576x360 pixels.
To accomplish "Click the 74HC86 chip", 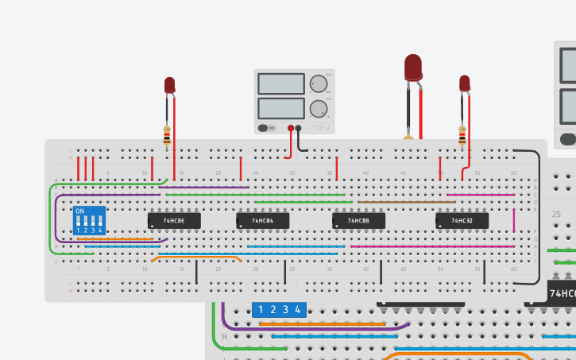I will click(174, 220).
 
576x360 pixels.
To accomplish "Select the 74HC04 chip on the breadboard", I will click(262, 220).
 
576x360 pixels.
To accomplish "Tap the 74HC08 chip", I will click(358, 220).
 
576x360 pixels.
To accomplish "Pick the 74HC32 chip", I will click(462, 220).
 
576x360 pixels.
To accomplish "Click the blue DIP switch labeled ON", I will click(88, 221).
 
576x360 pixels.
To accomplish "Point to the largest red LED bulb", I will click(413, 67).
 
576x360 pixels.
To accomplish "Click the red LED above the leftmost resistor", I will click(169, 85).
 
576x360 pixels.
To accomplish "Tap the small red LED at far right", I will click(465, 83).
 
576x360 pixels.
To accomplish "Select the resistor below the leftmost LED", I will click(167, 137).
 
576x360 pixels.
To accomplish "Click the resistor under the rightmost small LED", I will click(462, 137).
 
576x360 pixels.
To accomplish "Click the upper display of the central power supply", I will click(281, 83).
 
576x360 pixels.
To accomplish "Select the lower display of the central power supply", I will click(281, 107).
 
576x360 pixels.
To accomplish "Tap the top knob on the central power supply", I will click(319, 83).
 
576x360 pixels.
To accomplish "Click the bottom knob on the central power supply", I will click(319, 108).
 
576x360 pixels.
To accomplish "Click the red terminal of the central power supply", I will click(291, 127).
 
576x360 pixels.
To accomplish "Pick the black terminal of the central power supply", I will click(300, 127).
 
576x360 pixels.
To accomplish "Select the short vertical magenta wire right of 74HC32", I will click(514, 220).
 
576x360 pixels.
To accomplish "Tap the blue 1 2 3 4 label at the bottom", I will click(278, 310).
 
